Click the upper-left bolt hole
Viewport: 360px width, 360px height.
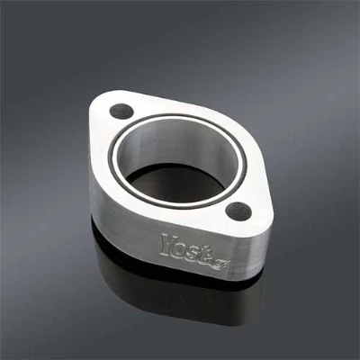(121, 112)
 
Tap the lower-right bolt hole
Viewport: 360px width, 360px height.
(238, 211)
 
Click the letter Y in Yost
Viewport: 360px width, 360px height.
(168, 244)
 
